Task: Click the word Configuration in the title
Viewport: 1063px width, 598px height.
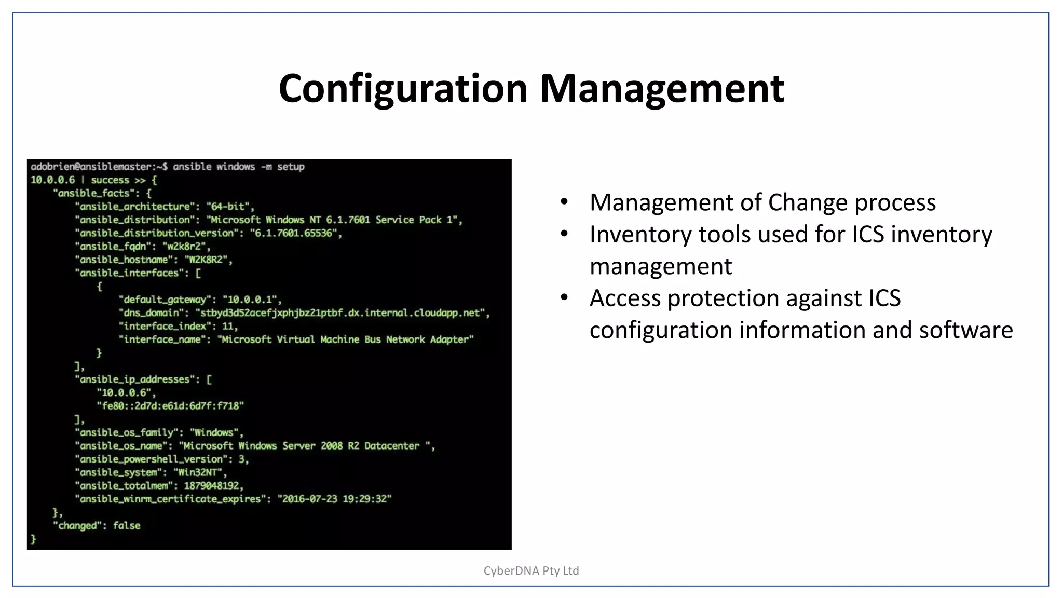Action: click(403, 89)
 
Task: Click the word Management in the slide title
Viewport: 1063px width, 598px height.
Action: click(662, 89)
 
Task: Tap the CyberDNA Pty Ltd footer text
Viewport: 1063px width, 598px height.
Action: click(531, 570)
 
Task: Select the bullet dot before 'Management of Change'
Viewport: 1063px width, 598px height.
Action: click(564, 201)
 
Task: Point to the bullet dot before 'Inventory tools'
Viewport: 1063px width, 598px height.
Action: click(564, 234)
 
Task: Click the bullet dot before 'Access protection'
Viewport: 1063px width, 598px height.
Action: click(564, 297)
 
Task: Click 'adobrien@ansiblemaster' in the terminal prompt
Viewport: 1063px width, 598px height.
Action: click(91, 167)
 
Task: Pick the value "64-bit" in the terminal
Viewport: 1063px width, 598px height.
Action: click(228, 207)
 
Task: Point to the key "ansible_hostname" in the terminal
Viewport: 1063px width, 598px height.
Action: click(124, 260)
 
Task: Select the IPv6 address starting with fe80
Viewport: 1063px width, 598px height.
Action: click(170, 406)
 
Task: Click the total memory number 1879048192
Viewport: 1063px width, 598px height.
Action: click(212, 486)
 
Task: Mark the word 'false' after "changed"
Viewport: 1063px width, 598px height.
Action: click(127, 525)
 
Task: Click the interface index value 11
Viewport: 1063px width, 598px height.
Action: click(228, 326)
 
